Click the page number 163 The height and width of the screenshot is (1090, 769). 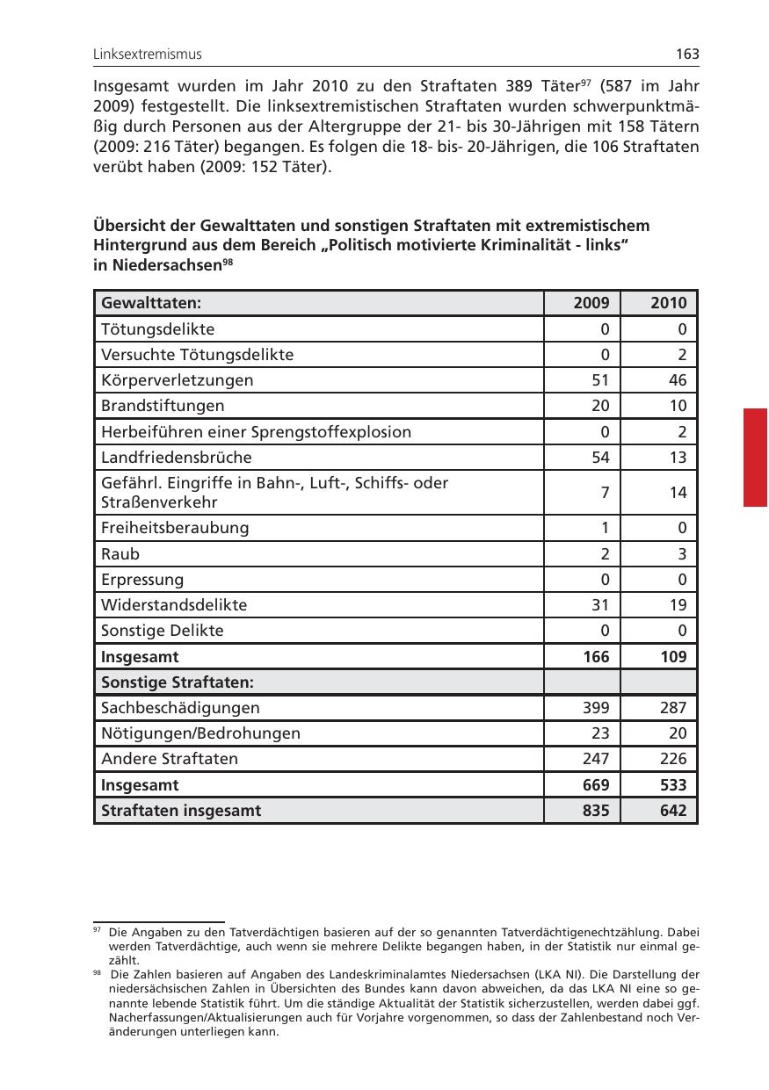coord(687,54)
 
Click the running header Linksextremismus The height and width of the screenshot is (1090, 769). coord(148,54)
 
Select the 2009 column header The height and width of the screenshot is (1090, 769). coord(591,303)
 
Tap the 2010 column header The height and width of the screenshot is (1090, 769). coord(668,303)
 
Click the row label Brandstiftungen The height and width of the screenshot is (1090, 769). coord(163,406)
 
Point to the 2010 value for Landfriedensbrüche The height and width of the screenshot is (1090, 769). coord(677,458)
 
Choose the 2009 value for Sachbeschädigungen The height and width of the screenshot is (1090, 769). coord(595,708)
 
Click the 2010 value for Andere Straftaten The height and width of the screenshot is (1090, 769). coord(672,759)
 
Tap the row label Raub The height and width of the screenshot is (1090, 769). coord(120,554)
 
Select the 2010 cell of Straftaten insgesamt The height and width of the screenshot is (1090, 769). coord(672,811)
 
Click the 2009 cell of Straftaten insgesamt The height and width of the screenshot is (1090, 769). coord(595,811)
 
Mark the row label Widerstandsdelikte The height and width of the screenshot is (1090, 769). coord(174,605)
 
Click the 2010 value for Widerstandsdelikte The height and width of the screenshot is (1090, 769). coord(677,605)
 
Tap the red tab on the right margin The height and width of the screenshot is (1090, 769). coord(755,457)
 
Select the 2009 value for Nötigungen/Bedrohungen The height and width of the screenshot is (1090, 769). coord(599,733)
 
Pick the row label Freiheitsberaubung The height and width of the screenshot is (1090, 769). coord(175,528)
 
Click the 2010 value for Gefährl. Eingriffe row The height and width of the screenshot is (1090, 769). coord(677,493)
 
